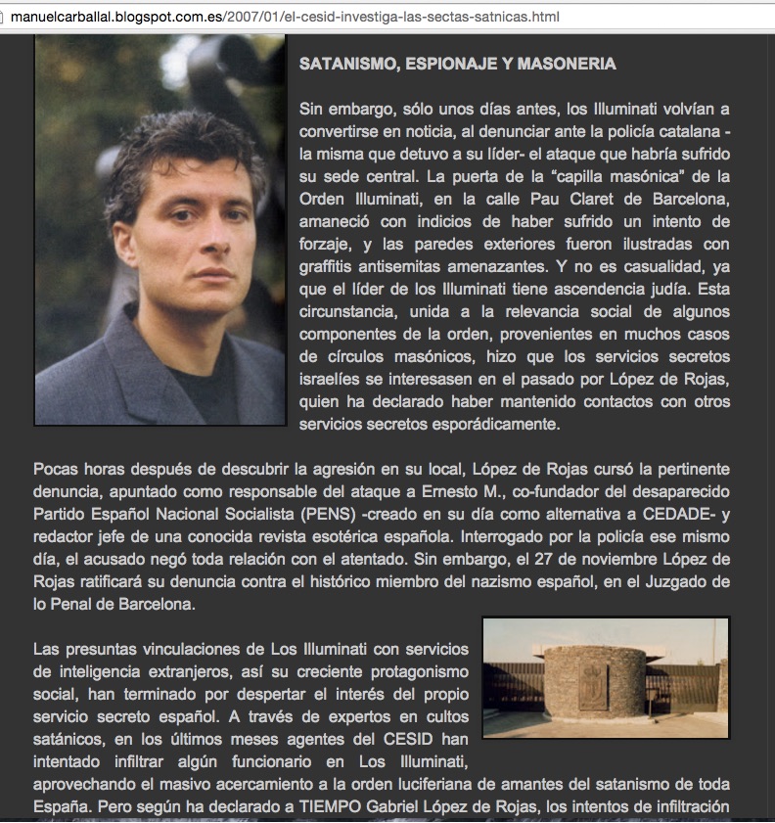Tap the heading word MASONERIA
tap(568, 64)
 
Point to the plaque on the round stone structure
tap(592, 685)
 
